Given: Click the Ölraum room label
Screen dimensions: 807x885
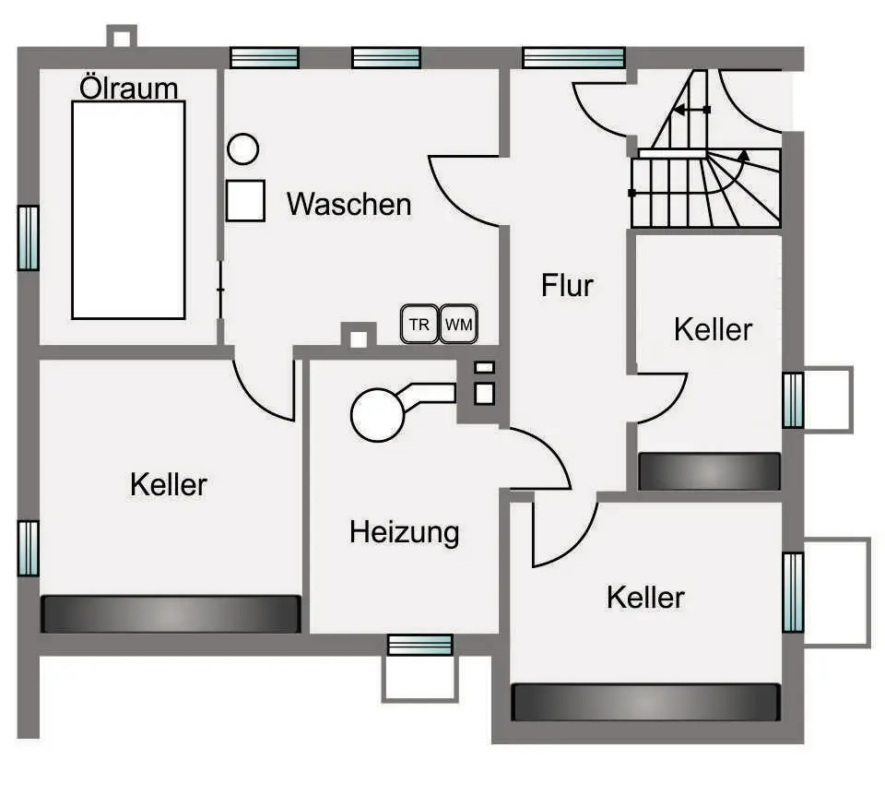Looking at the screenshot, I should (x=128, y=89).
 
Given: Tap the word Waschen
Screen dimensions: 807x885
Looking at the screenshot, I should (x=348, y=204).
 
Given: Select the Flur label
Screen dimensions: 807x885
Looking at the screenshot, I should (x=567, y=285).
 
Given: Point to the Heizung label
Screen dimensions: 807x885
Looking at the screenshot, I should (x=404, y=532).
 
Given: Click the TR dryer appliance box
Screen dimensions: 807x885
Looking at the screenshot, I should (x=419, y=325).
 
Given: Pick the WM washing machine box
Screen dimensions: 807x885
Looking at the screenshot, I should (x=458, y=325).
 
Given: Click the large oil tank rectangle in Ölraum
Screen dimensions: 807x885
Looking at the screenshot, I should (x=128, y=209).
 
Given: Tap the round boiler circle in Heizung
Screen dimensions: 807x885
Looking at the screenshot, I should (x=378, y=414).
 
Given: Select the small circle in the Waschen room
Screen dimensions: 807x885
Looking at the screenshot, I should (x=243, y=149).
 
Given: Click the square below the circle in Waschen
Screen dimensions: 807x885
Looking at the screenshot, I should (x=245, y=200).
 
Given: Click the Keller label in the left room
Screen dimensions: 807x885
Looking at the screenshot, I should (x=169, y=484).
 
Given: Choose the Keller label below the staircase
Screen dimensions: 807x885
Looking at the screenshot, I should (x=713, y=329).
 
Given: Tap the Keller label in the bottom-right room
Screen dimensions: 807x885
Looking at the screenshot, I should (x=645, y=597).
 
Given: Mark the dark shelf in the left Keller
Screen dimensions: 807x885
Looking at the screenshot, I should (x=171, y=613).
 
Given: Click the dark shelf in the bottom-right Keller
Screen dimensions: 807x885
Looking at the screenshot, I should (x=645, y=702).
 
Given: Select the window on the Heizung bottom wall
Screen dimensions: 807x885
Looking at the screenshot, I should (x=419, y=644).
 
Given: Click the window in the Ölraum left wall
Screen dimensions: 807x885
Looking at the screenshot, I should (x=29, y=237).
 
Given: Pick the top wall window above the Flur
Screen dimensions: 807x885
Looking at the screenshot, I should (x=573, y=57).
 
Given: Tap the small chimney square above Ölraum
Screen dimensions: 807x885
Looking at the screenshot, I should (x=122, y=37).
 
